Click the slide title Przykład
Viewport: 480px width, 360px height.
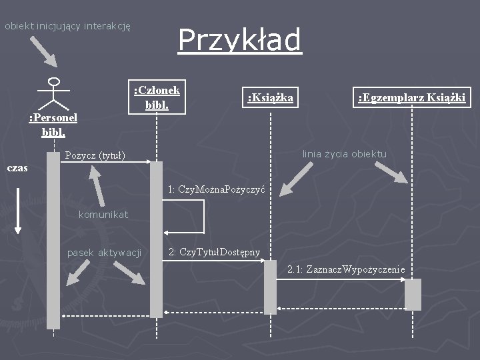pyautogui.click(x=239, y=39)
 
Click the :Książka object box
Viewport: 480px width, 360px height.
pyautogui.click(x=270, y=98)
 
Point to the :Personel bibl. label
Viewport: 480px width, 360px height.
pyautogui.click(x=53, y=125)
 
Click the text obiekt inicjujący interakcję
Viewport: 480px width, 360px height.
pyautogui.click(x=67, y=26)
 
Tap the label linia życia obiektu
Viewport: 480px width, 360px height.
pyautogui.click(x=344, y=154)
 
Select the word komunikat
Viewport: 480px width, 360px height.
pyautogui.click(x=103, y=214)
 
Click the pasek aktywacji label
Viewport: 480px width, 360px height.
pyautogui.click(x=105, y=252)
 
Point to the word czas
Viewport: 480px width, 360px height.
pyautogui.click(x=17, y=168)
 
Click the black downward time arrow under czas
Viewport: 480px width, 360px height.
pyautogui.click(x=18, y=209)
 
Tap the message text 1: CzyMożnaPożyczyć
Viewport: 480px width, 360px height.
pyautogui.click(x=217, y=189)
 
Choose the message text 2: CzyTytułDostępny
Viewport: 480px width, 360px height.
pyautogui.click(x=214, y=251)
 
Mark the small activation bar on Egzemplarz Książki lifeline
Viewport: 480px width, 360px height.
pyautogui.click(x=413, y=294)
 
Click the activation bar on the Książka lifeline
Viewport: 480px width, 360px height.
pyautogui.click(x=270, y=287)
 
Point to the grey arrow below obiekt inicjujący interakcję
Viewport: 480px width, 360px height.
pyautogui.click(x=45, y=51)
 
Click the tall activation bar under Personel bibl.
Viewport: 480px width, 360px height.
pyautogui.click(x=53, y=240)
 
